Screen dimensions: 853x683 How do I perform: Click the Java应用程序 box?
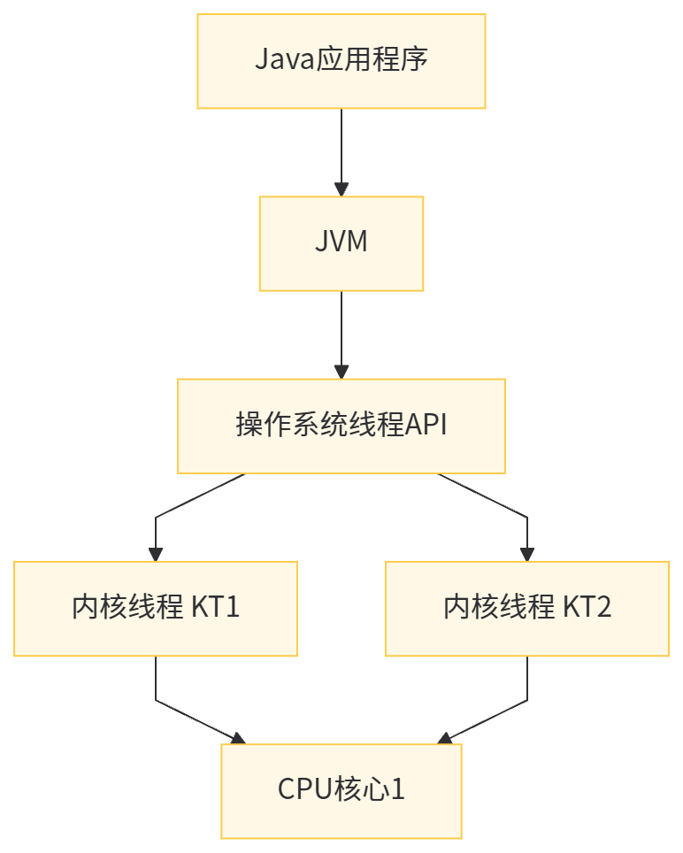[x=341, y=61]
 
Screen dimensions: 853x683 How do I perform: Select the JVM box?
[x=341, y=243]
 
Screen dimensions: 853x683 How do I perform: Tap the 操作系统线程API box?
[x=341, y=426]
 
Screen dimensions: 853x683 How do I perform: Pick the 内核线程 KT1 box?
[x=155, y=608]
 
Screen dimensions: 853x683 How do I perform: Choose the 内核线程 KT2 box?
[x=527, y=608]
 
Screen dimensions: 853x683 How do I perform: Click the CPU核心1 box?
[x=341, y=790]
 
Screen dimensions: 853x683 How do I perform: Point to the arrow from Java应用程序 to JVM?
[x=341, y=146]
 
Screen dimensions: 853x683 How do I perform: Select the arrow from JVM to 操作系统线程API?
[x=341, y=329]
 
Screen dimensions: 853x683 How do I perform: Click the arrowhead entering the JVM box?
[x=341, y=189]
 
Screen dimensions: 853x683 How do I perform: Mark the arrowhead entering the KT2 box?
[x=527, y=554]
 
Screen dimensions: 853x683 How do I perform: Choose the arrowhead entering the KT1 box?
[x=156, y=554]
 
